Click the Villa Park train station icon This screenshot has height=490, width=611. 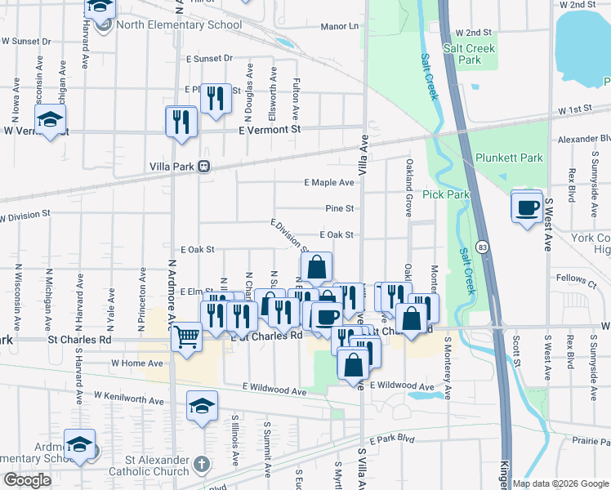pyautogui.click(x=204, y=167)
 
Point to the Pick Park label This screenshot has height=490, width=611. pyautogui.click(x=446, y=194)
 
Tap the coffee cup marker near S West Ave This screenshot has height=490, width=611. pyautogui.click(x=527, y=206)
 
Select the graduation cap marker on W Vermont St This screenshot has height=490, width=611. pyautogui.click(x=51, y=122)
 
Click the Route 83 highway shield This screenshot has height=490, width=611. pyautogui.click(x=484, y=246)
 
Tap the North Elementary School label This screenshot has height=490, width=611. pyautogui.click(x=179, y=24)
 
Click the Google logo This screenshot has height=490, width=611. pyautogui.click(x=27, y=480)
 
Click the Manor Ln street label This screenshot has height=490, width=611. pyautogui.click(x=340, y=27)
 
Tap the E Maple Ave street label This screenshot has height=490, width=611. pyautogui.click(x=328, y=183)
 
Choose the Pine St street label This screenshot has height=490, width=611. pyautogui.click(x=339, y=209)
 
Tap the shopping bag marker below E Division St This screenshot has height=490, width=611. pyautogui.click(x=316, y=266)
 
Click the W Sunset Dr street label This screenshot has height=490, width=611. pyautogui.click(x=25, y=40)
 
